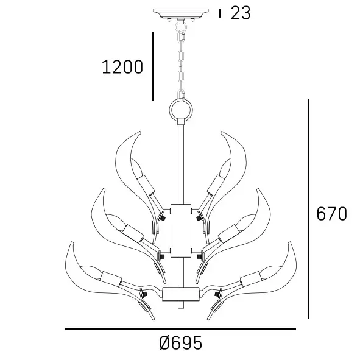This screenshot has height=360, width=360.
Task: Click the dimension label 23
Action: pos(241,13)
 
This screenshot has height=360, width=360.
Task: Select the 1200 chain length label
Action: pos(122,66)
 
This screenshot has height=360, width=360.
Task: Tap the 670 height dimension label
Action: pos(332,214)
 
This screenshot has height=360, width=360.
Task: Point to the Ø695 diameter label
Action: pos(180,344)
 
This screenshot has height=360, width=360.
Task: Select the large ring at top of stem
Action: pos(180,110)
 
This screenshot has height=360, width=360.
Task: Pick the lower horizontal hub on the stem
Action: pos(180,294)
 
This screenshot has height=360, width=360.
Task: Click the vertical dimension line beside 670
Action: pos(309,209)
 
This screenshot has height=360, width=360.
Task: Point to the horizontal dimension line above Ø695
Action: pos(180,330)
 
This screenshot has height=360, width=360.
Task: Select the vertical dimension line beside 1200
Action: pos(152,66)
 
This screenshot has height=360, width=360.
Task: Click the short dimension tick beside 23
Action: pos(220,13)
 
